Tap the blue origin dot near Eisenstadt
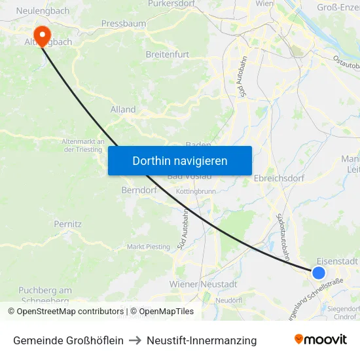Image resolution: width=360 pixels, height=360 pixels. [319, 273]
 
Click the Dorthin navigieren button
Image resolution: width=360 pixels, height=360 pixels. [180, 160]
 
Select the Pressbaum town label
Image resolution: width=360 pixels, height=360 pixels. [123, 24]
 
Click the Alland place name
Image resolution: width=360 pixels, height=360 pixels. [123, 109]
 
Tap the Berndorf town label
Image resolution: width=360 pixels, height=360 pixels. [137, 190]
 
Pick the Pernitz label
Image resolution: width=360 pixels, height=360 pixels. [68, 224]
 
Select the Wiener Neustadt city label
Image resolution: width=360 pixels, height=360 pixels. [203, 284]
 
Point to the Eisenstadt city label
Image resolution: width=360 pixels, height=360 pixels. [337, 261]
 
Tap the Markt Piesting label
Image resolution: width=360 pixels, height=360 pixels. [148, 247]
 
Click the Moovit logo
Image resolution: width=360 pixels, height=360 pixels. [321, 340]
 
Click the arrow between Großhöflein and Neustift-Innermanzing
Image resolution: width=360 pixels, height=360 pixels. [135, 340]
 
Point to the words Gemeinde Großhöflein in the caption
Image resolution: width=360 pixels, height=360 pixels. [68, 340]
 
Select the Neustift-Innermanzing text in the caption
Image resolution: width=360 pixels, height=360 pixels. [202, 340]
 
